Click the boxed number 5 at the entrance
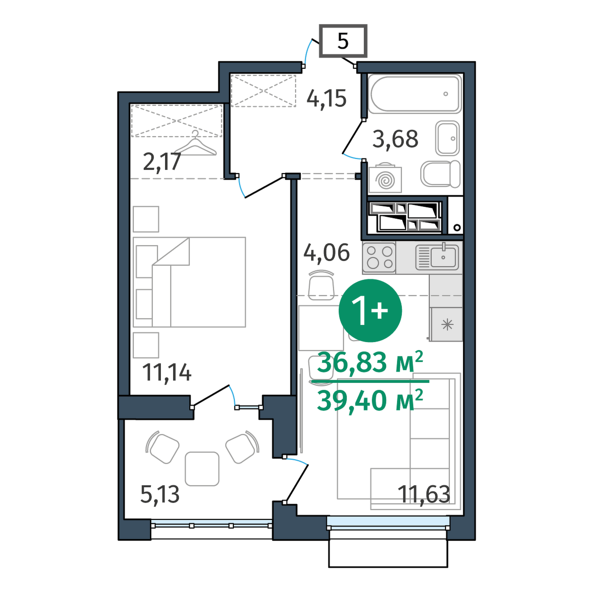coord(343,41)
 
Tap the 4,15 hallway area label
coord(326,99)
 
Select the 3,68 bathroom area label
coord(395,139)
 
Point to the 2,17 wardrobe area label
coord(162,162)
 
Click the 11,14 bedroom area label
coord(167,373)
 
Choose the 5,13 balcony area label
coord(160,494)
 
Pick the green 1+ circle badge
coord(370,311)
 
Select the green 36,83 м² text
coord(370,362)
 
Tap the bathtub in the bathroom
coord(416,93)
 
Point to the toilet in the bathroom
coord(440,174)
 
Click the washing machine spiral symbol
coord(385,180)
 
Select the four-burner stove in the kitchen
coord(379,257)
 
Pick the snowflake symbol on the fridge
coord(447,325)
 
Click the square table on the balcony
coord(202,469)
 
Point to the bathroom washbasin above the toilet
coord(447,138)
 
